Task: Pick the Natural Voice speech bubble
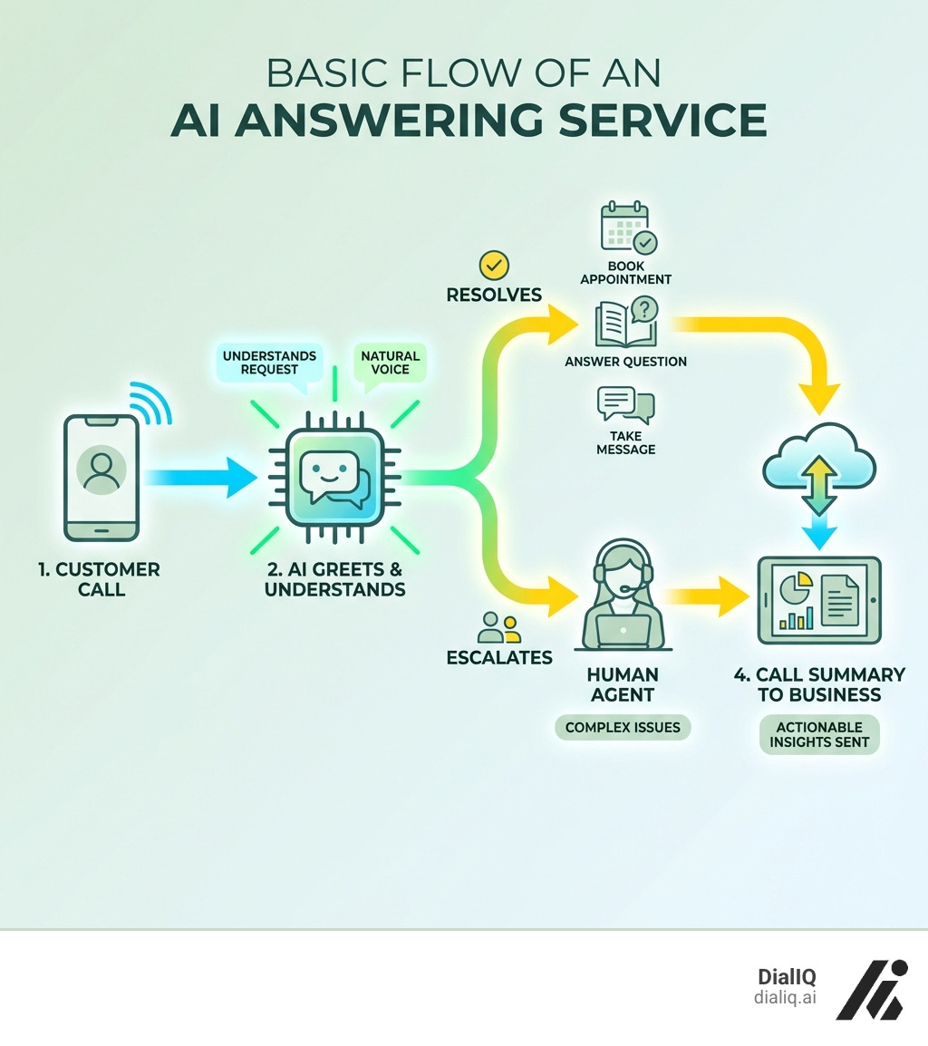pyautogui.click(x=390, y=363)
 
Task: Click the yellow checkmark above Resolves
pyautogui.click(x=494, y=266)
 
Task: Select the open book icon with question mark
pyautogui.click(x=625, y=324)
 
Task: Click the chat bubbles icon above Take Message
pyautogui.click(x=625, y=405)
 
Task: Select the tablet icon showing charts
pyautogui.click(x=819, y=600)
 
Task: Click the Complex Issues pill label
pyautogui.click(x=623, y=727)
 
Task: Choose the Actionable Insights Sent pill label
pyautogui.click(x=819, y=734)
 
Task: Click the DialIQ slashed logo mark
pyautogui.click(x=870, y=987)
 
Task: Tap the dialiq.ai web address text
pyautogui.click(x=785, y=997)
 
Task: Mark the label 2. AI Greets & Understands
pyautogui.click(x=334, y=579)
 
